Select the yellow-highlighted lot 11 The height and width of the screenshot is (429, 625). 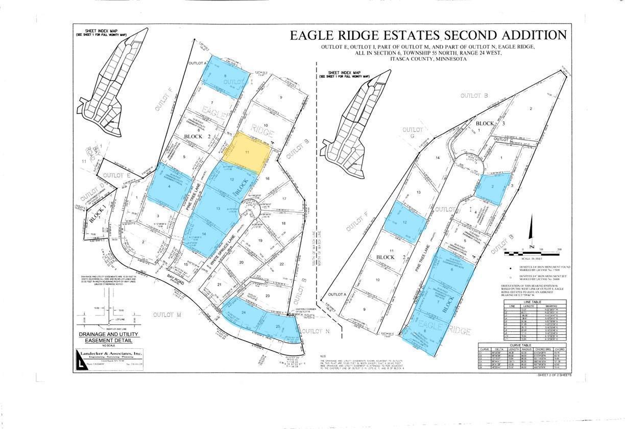[247, 152]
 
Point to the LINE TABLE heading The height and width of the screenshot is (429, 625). [529, 302]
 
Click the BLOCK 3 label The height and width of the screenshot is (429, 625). [491, 123]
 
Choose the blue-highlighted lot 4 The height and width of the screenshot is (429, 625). [169, 187]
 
